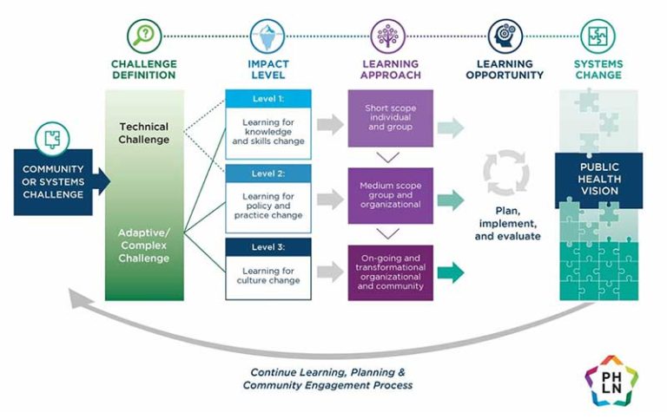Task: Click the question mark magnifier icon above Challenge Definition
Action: (144, 36)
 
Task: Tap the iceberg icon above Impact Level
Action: (268, 36)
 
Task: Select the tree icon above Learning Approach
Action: (389, 36)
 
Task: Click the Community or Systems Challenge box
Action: (54, 180)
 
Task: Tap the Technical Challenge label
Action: (144, 133)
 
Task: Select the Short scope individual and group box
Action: (390, 119)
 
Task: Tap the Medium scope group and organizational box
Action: (390, 194)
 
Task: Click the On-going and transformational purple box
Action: (390, 272)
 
